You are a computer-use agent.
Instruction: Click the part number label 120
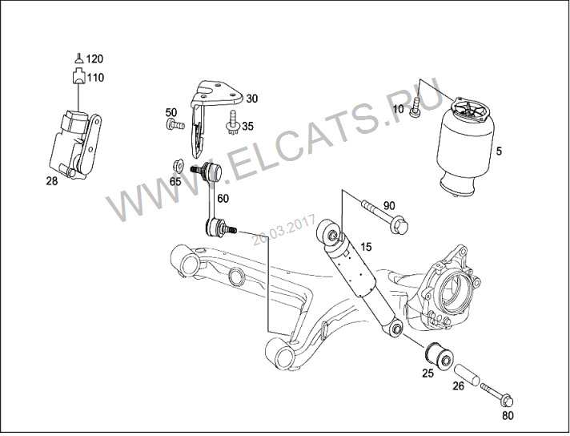[94, 59]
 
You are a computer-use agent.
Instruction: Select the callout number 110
[95, 78]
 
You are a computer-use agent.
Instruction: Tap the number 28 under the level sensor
[52, 181]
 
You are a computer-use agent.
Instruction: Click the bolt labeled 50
[175, 124]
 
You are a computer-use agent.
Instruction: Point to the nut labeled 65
[178, 166]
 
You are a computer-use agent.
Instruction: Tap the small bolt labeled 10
[415, 107]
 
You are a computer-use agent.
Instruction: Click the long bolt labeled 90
[384, 217]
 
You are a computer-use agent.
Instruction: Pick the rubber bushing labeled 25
[440, 356]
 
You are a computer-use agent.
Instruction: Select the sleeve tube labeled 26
[467, 374]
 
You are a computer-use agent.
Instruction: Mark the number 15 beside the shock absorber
[366, 247]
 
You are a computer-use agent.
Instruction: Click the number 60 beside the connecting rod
[223, 198]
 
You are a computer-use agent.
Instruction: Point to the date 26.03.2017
[283, 230]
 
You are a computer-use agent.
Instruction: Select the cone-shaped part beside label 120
[79, 59]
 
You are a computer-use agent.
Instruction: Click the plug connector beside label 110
[79, 75]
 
